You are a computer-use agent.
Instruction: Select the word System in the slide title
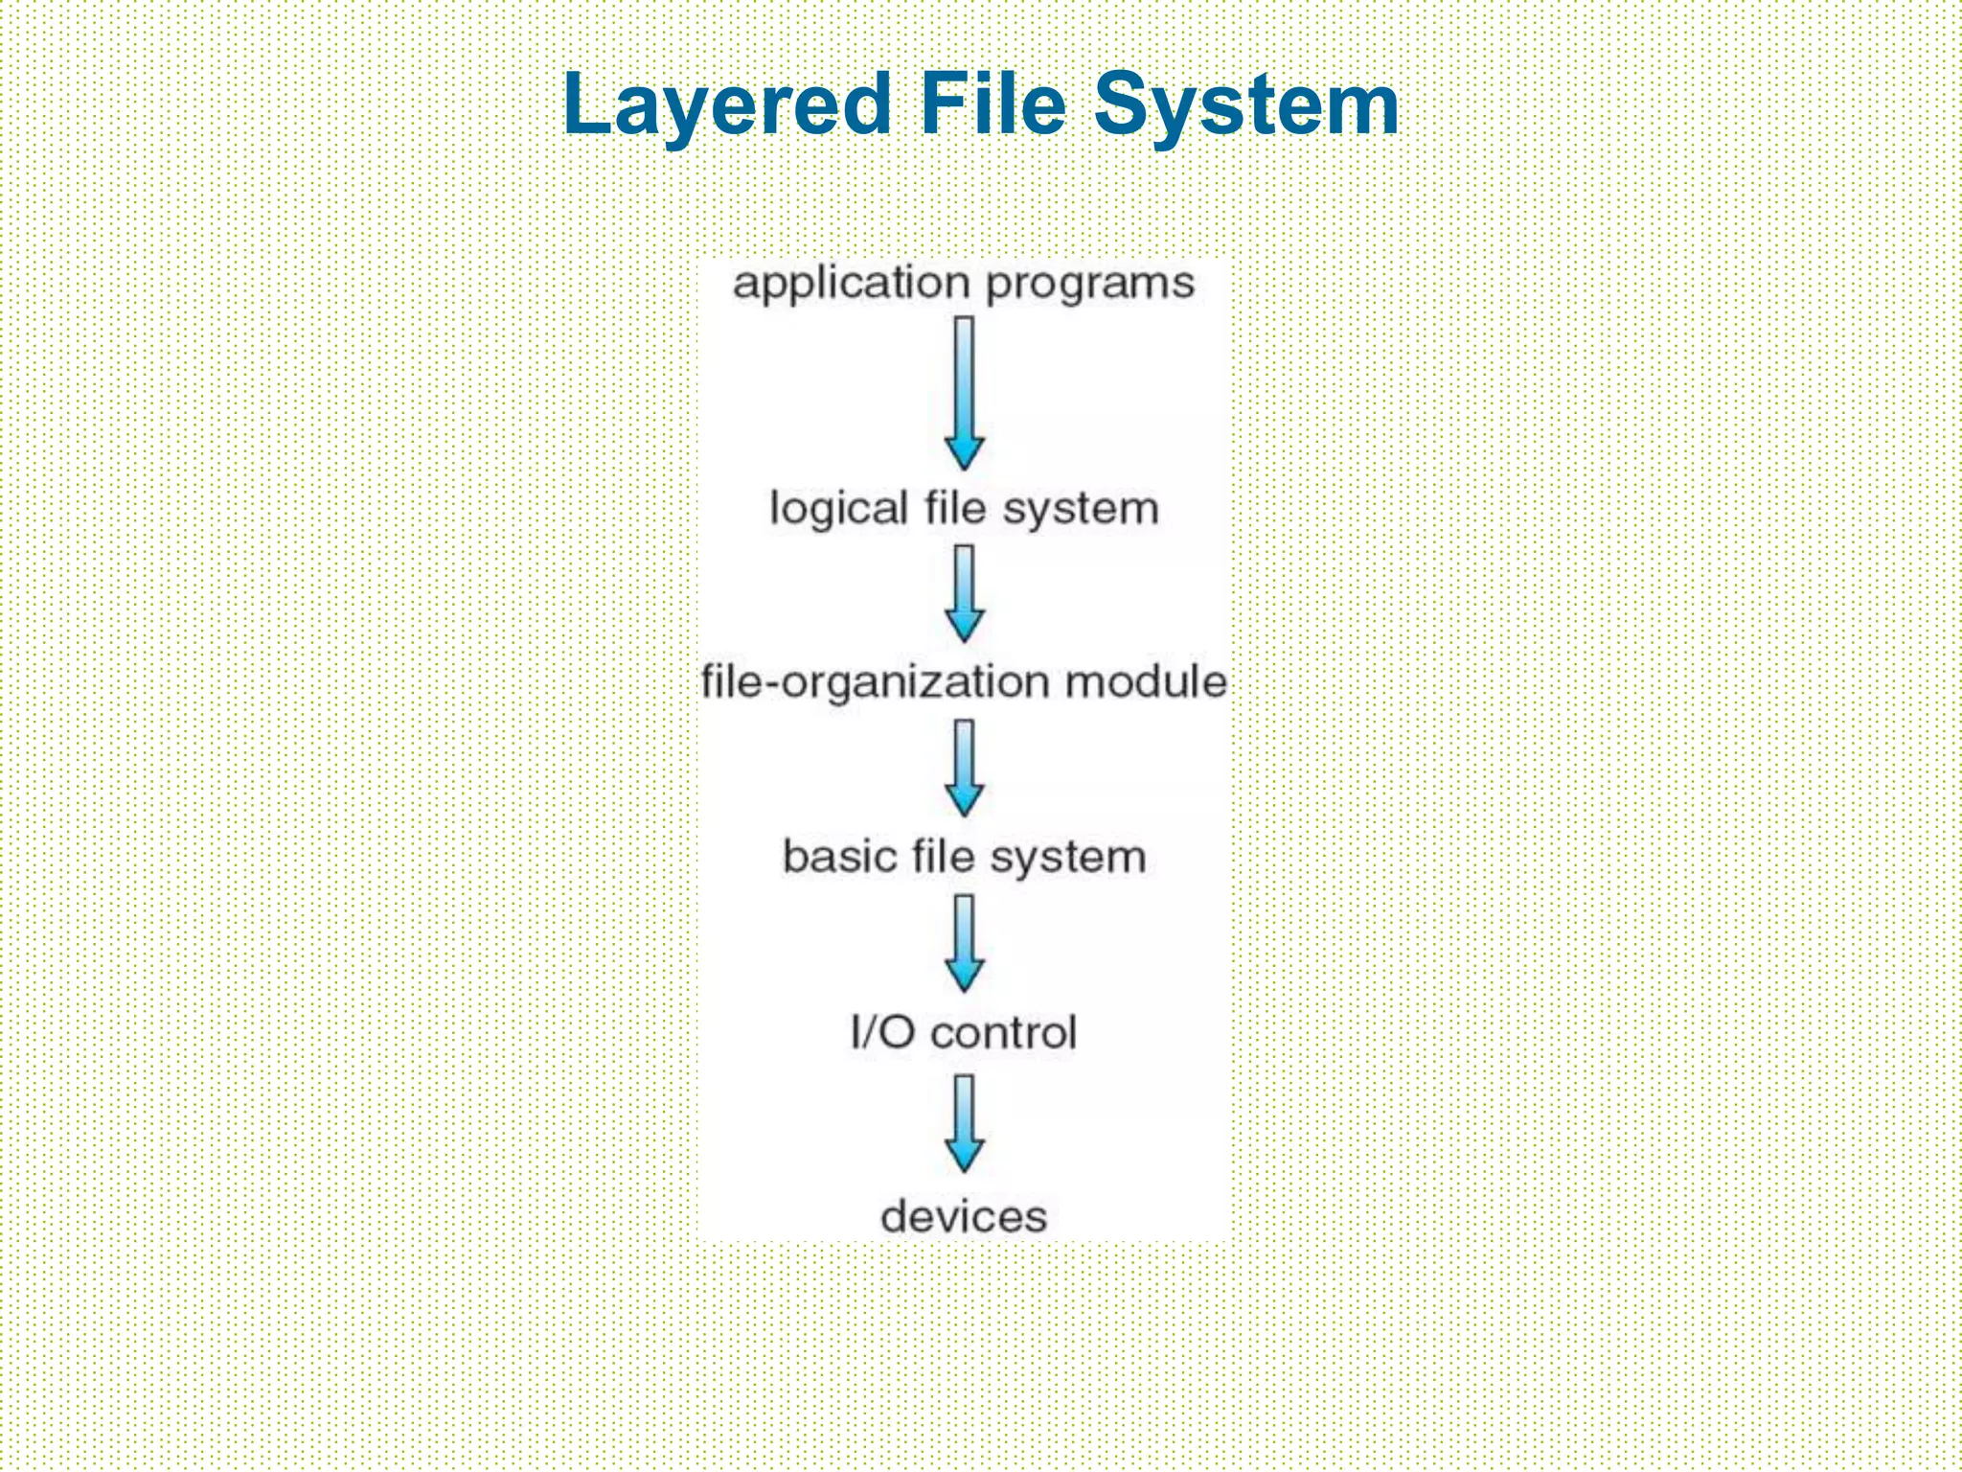(x=1245, y=104)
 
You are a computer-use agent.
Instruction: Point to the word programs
(x=1090, y=285)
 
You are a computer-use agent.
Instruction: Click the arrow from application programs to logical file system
(x=965, y=393)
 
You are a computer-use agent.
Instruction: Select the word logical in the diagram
(x=838, y=508)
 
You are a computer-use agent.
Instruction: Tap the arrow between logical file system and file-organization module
(x=965, y=593)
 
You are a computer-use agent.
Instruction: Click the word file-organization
(x=876, y=682)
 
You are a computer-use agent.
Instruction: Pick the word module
(x=1146, y=681)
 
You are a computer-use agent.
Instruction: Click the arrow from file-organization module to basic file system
(x=965, y=768)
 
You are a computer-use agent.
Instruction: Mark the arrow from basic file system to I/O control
(x=965, y=943)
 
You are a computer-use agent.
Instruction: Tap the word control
(x=1004, y=1032)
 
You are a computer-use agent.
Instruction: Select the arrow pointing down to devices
(x=965, y=1122)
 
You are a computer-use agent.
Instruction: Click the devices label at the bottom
(x=964, y=1216)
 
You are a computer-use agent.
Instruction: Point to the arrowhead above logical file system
(x=965, y=452)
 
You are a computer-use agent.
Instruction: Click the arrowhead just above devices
(x=965, y=1155)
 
